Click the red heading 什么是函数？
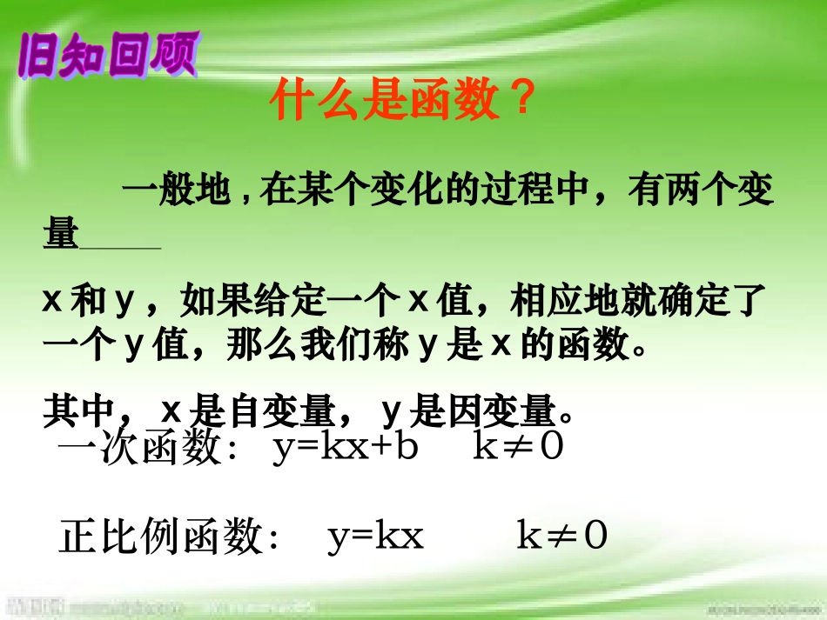[400, 102]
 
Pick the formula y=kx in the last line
[375, 537]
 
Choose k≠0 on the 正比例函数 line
[561, 537]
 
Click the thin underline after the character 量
[120, 249]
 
